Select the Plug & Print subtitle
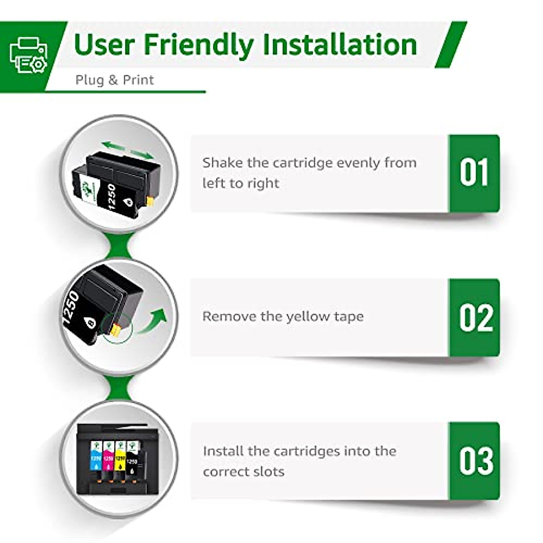tap(114, 80)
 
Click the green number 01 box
tap(474, 173)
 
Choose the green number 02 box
tap(474, 317)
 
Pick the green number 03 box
tap(474, 461)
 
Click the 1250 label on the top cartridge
tap(112, 196)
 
